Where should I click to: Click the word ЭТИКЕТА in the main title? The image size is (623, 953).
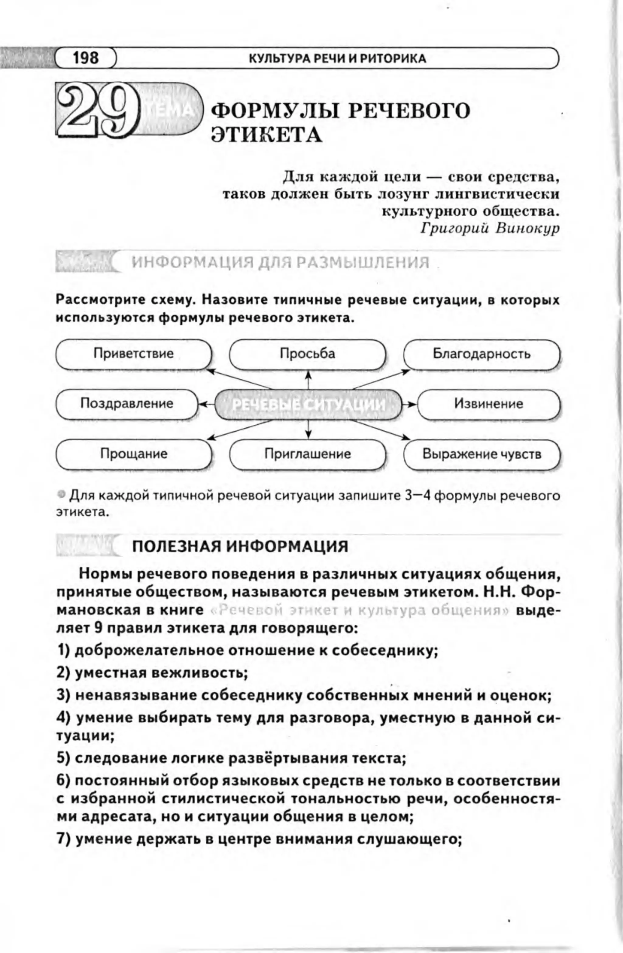click(x=266, y=135)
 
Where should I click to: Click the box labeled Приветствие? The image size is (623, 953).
click(x=133, y=354)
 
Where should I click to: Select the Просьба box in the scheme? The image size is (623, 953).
click(x=308, y=354)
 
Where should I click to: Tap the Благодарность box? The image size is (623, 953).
click(x=481, y=354)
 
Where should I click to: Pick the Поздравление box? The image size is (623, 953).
click(x=127, y=403)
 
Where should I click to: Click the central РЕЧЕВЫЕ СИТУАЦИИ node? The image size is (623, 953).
click(x=308, y=405)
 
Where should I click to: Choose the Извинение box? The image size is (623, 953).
click(x=489, y=404)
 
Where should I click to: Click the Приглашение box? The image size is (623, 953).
click(x=308, y=454)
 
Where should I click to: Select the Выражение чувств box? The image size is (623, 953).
click(x=482, y=454)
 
